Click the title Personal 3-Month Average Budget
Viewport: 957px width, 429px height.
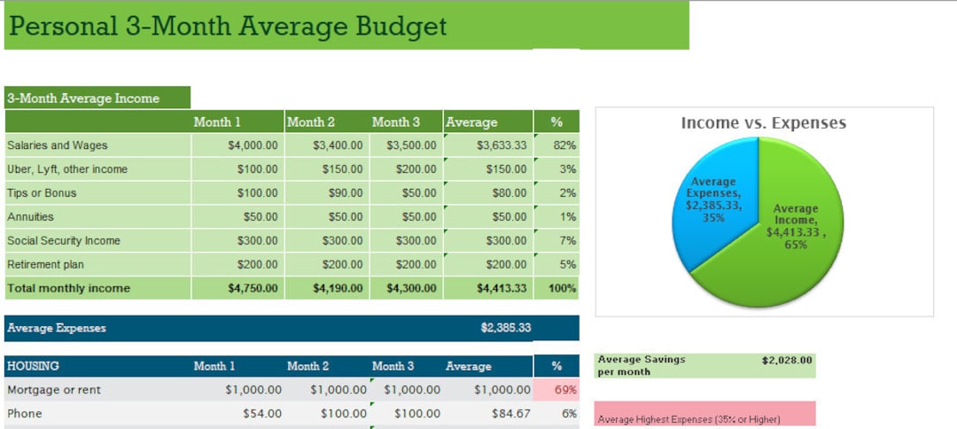pos(227,26)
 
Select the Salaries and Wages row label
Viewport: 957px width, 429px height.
pos(57,145)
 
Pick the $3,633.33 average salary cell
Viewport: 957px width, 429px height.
pos(502,145)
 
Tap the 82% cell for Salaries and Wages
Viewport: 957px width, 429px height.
pos(564,145)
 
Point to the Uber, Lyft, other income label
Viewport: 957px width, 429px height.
pos(67,169)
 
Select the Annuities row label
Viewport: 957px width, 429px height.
pos(30,217)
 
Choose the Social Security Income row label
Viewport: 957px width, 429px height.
pos(64,241)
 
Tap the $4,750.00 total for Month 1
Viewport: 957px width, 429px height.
pos(253,288)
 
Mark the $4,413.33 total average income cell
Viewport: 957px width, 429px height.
pos(502,288)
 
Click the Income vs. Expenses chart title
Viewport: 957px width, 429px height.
pos(763,123)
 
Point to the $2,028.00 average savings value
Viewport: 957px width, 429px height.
pos(786,361)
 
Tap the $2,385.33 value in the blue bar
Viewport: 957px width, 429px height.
pos(506,328)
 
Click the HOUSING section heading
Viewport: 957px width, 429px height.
pos(33,366)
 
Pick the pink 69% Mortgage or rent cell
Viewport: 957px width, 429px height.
pos(564,390)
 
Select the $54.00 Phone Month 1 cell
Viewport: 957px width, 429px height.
pos(262,414)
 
